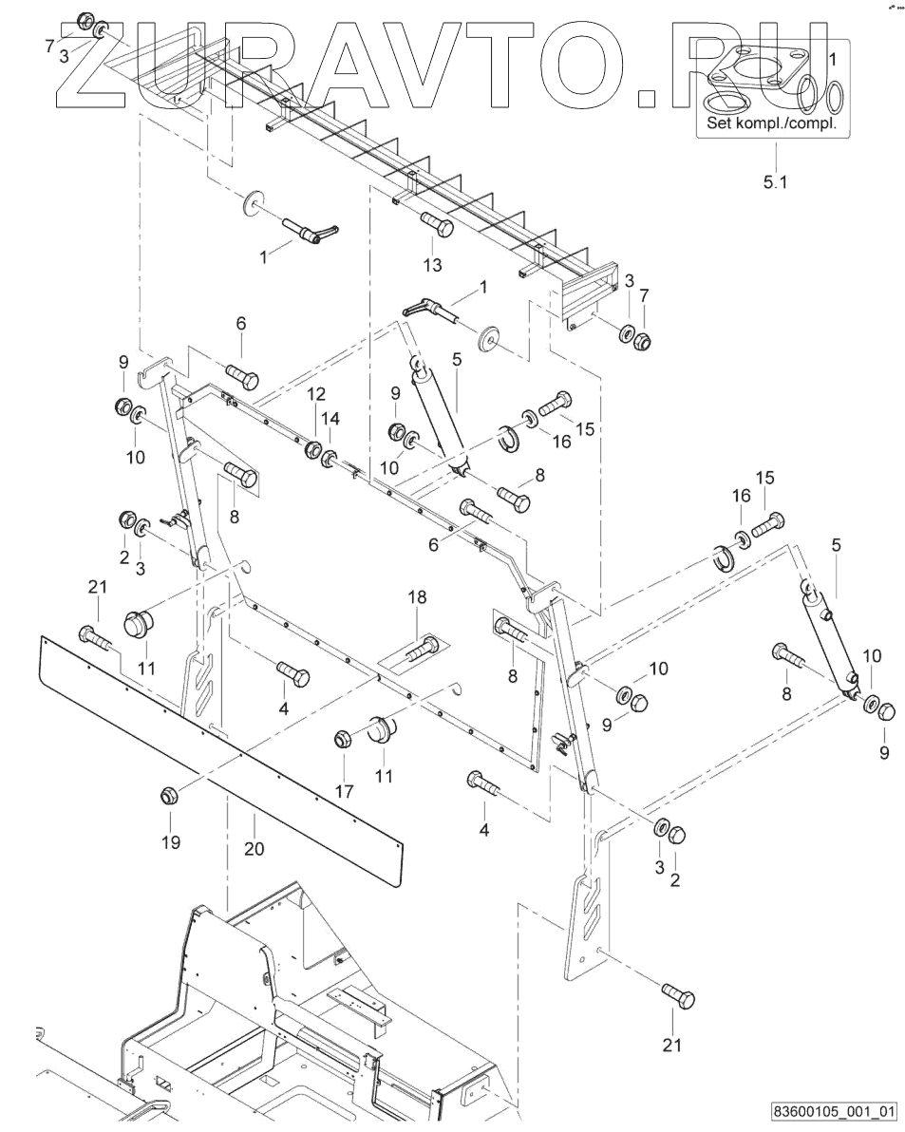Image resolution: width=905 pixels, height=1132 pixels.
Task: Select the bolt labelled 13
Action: point(437,226)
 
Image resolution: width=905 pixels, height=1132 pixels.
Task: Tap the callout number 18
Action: point(418,597)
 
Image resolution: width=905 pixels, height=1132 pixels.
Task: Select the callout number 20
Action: point(254,849)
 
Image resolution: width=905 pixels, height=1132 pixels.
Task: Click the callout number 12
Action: point(315,393)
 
